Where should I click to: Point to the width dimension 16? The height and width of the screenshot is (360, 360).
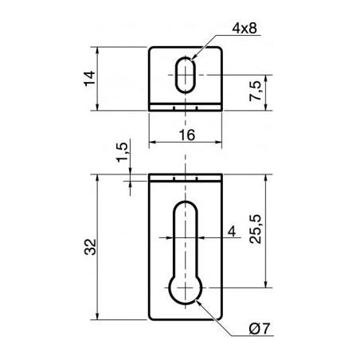[187, 135]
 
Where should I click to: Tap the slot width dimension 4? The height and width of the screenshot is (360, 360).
[231, 231]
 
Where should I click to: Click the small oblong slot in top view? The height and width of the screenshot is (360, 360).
[186, 76]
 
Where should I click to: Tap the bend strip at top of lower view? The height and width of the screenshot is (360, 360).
[186, 178]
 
